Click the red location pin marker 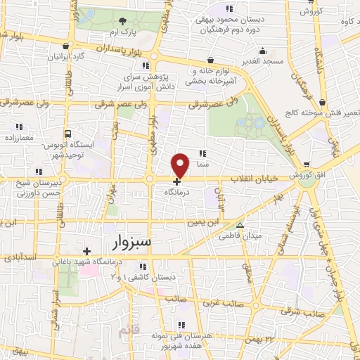click(x=181, y=165)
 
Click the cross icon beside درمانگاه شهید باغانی click(x=86, y=251)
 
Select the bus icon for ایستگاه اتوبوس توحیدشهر click(x=67, y=133)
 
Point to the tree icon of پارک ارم click(x=124, y=22)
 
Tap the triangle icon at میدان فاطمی click(x=240, y=226)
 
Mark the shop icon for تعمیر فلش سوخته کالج click(x=321, y=101)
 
